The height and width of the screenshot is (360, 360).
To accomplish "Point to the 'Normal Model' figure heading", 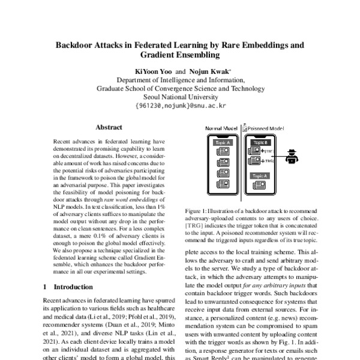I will pyautogui.click(x=221, y=128).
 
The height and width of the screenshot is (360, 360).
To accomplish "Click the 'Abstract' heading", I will pyautogui.click(x=109, y=127).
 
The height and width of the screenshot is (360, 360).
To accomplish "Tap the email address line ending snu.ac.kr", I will pyautogui.click(x=180, y=105).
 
